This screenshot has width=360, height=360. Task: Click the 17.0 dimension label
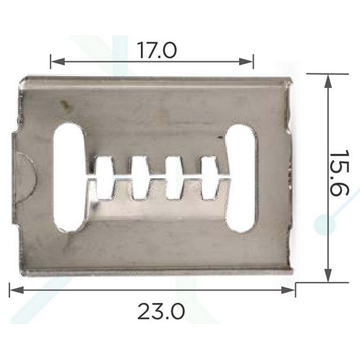point(157,50)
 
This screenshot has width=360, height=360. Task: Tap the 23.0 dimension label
point(161,311)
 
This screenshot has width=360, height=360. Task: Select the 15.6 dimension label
point(339,173)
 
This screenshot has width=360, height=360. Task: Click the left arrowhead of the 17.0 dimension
point(58,62)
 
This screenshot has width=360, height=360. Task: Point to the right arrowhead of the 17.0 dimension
point(246,62)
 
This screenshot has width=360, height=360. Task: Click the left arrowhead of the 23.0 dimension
point(17,290)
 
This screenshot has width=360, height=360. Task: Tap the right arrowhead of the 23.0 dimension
point(288,290)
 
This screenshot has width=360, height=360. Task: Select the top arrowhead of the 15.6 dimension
point(328,81)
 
